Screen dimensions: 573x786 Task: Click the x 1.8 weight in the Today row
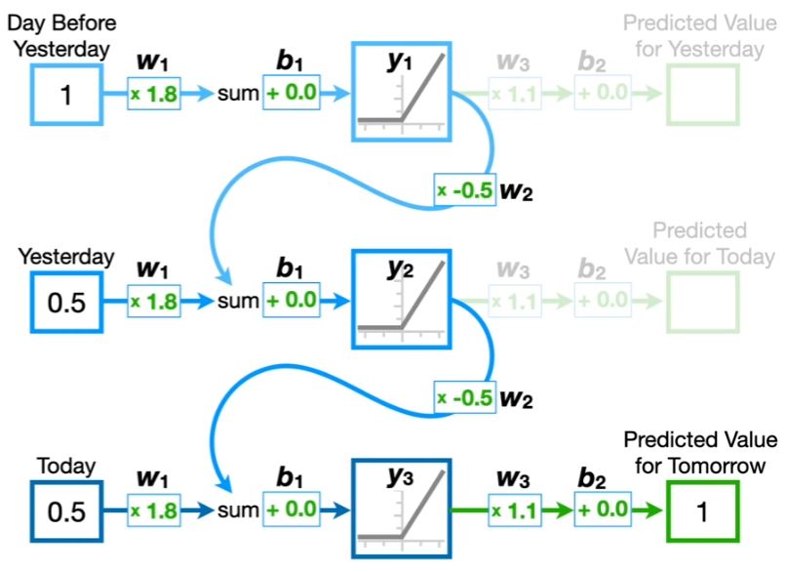(x=155, y=510)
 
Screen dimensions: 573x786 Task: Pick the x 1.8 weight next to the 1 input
(x=155, y=94)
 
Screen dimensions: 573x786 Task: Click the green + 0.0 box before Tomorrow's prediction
(x=604, y=510)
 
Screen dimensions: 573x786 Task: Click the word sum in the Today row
(x=237, y=511)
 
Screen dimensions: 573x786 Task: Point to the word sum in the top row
(x=237, y=95)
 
